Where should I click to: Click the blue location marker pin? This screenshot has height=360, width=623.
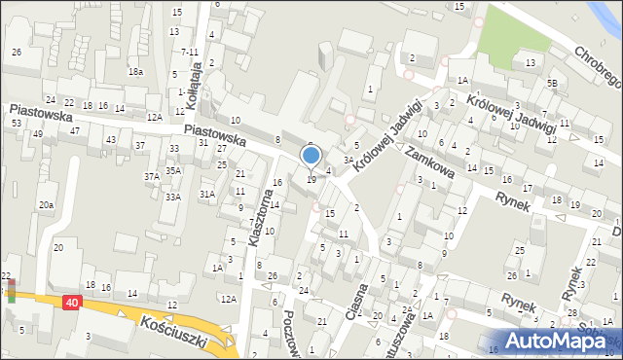311,156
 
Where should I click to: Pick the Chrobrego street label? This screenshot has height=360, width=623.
597,65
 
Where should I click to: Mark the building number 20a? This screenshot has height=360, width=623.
46,204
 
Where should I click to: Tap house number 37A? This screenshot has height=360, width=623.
152,176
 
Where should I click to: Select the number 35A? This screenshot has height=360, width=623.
173,170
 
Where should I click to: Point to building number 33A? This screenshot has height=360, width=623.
173,197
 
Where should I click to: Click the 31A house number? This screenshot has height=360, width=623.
207,194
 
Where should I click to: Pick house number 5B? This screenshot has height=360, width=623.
552,83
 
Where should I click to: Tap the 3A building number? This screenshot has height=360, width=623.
348,160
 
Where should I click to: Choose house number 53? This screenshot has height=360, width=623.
16,124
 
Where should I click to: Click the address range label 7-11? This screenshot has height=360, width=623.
189,52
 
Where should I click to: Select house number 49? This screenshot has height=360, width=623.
37,133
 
